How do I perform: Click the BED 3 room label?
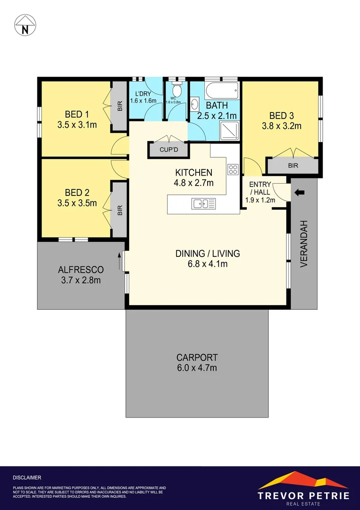pyautogui.click(x=282, y=115)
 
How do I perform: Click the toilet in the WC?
pyautogui.click(x=176, y=90)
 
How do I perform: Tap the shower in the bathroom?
pyautogui.click(x=230, y=130)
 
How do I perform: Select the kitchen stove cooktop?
pyautogui.click(x=233, y=170)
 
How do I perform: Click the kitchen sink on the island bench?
pyautogui.click(x=203, y=204)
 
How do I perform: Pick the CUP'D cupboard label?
pyautogui.click(x=168, y=150)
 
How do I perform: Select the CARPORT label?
pyautogui.click(x=197, y=357)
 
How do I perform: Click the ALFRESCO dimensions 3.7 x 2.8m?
pyautogui.click(x=81, y=280)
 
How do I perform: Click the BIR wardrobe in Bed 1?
pyautogui.click(x=120, y=107)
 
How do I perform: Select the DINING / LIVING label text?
pyautogui.click(x=208, y=254)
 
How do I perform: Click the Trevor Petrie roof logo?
pyautogui.click(x=303, y=480)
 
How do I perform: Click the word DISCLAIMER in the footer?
pyautogui.click(x=27, y=478)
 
